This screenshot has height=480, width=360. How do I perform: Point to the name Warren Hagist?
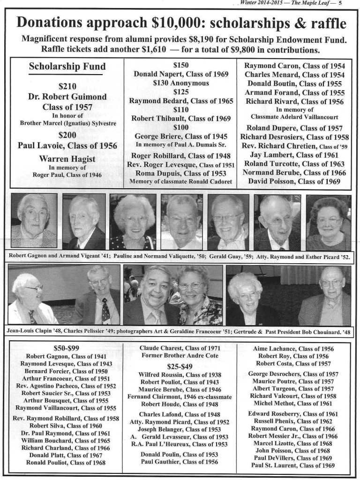67,159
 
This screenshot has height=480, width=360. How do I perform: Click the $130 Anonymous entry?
181,83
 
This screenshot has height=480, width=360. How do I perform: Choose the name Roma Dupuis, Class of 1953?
181,173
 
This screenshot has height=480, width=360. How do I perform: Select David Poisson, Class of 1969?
294,181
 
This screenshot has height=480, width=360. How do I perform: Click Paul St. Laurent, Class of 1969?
293,465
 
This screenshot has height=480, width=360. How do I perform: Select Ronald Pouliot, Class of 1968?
66,462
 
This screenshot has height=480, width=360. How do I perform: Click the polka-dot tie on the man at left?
105,310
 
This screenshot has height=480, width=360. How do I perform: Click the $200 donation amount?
67,135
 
